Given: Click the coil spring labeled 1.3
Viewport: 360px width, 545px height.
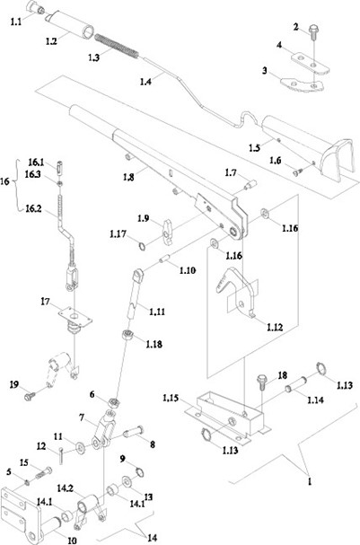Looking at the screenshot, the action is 117,46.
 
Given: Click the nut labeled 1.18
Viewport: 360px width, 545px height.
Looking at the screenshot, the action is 127,336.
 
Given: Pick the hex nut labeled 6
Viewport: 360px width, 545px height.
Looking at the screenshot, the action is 113,403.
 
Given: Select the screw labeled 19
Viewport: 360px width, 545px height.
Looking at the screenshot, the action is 31,396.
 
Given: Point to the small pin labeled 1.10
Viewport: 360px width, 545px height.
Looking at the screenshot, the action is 164,259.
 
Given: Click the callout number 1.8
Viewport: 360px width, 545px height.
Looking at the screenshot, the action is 128,177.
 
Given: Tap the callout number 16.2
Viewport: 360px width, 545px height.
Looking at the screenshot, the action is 33,208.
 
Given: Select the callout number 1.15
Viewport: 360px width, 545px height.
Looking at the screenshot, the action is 171,399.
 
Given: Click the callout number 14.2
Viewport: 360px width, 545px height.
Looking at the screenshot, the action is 66,488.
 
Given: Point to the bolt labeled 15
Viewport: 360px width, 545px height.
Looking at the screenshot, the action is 43,472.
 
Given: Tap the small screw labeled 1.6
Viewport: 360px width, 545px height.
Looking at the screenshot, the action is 298,171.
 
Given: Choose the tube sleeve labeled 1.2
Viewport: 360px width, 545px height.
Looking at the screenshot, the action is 69,24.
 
